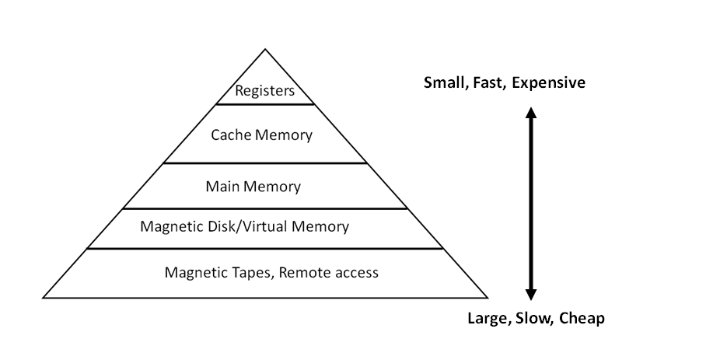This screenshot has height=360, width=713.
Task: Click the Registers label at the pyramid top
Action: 265,91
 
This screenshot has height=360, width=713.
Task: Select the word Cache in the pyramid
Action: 230,135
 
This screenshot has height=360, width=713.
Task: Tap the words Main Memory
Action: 253,187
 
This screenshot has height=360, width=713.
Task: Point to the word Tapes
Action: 246,272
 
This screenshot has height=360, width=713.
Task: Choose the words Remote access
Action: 329,272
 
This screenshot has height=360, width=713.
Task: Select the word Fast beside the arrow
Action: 488,82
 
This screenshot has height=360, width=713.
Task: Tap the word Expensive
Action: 548,82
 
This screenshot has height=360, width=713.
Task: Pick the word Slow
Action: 533,318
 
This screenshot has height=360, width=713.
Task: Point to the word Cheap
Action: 581,318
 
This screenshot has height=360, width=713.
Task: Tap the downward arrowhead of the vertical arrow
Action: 531,295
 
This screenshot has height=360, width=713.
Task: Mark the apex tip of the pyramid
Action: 265,50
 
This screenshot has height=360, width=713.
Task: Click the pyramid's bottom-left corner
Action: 44,297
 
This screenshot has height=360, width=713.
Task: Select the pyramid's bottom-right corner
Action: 487,297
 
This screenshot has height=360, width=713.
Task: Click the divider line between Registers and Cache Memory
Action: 265,104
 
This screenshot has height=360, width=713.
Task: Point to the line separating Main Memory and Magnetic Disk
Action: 265,208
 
